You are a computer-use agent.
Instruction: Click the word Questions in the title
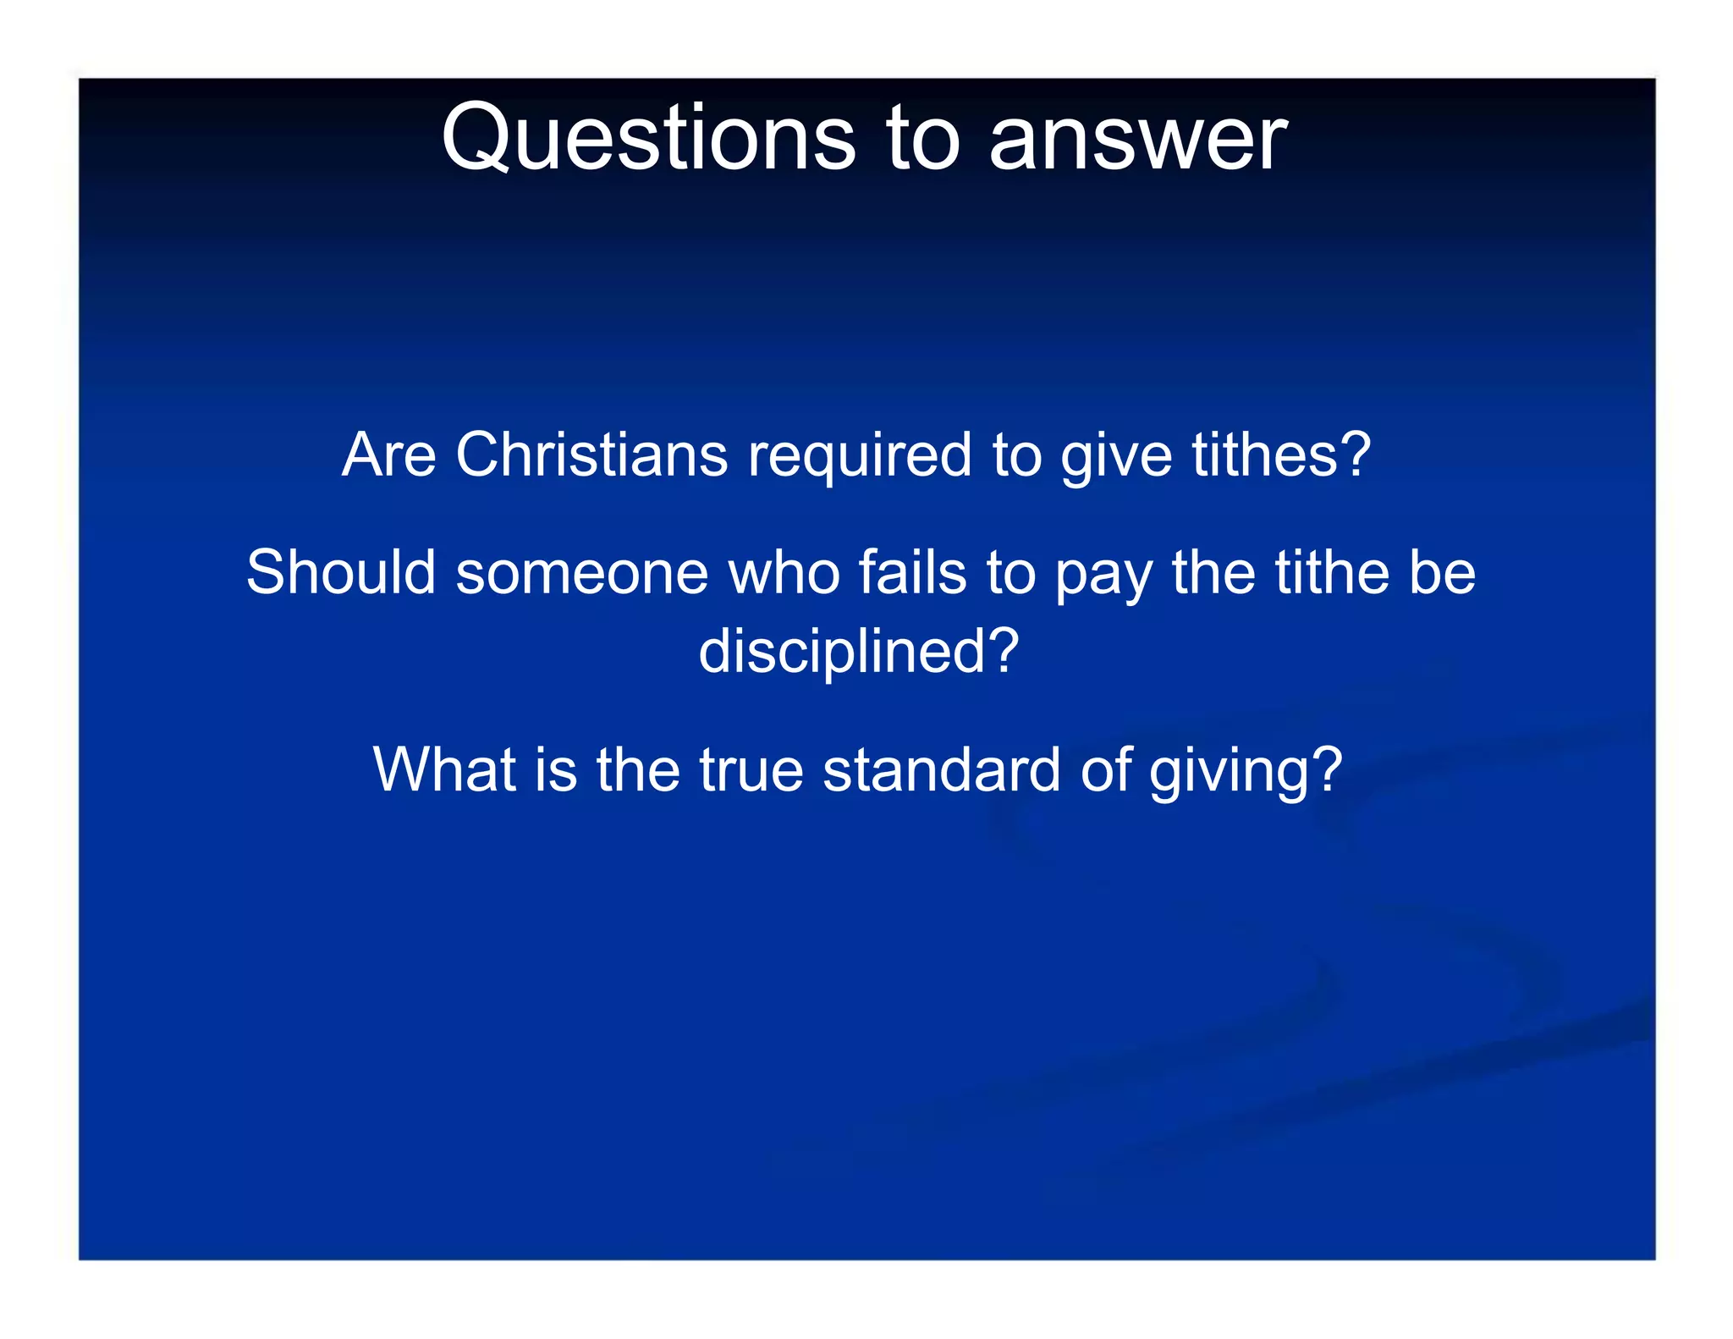click(x=648, y=138)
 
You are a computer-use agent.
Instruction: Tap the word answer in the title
click(x=1138, y=138)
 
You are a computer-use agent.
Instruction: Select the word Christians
click(x=591, y=455)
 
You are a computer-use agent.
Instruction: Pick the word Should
click(x=340, y=572)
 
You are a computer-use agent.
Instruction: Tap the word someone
click(x=582, y=574)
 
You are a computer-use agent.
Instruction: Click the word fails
click(x=912, y=572)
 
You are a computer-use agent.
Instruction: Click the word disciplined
click(x=842, y=652)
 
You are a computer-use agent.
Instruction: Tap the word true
click(x=751, y=770)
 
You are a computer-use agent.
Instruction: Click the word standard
click(x=941, y=769)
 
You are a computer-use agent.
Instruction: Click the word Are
click(x=389, y=455)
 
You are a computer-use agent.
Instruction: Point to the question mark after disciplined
click(x=1004, y=651)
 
